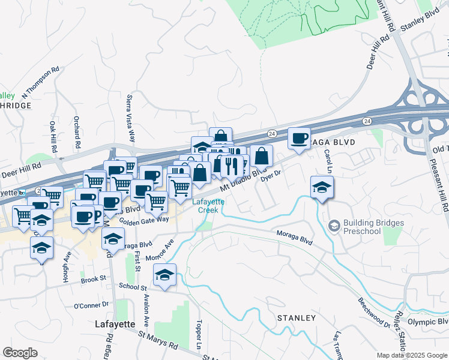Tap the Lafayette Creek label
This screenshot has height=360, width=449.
[208, 206]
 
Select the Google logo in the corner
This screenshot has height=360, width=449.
[20, 353]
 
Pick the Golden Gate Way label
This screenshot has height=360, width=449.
[144, 220]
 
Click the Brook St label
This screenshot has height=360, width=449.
[93, 279]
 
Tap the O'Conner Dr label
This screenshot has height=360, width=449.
[90, 305]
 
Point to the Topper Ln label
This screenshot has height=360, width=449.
[197, 332]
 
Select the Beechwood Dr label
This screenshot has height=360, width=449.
[373, 311]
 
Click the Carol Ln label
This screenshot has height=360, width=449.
[328, 159]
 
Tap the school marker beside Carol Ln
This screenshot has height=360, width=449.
[322, 188]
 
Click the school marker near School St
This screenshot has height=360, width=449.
[164, 275]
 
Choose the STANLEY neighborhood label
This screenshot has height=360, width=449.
[296, 317]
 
